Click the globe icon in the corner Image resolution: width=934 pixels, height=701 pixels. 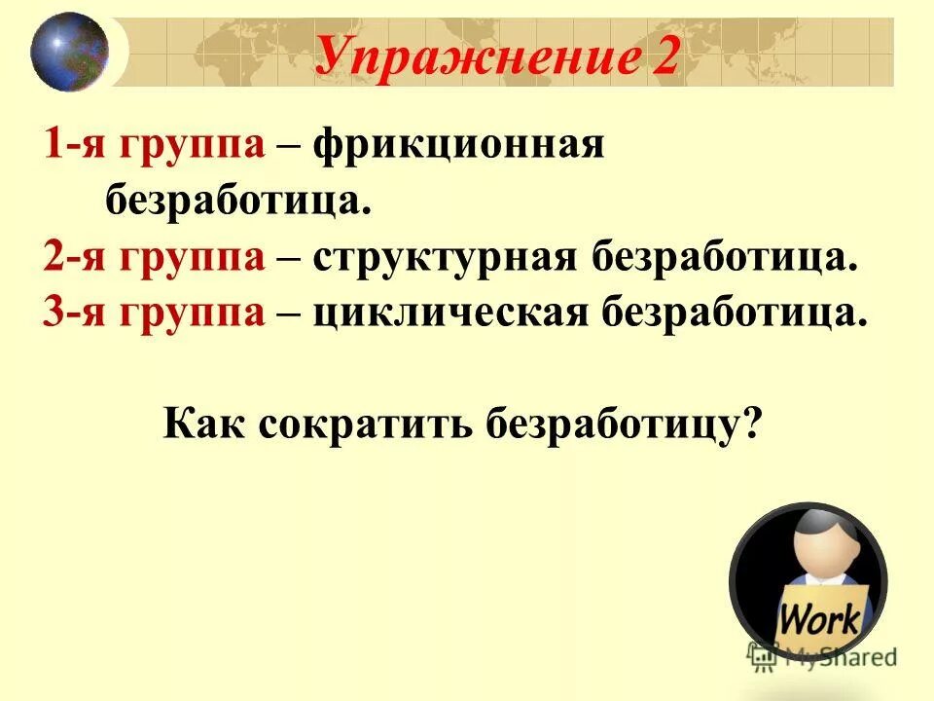click(x=68, y=52)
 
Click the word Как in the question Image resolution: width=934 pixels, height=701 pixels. click(x=204, y=424)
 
